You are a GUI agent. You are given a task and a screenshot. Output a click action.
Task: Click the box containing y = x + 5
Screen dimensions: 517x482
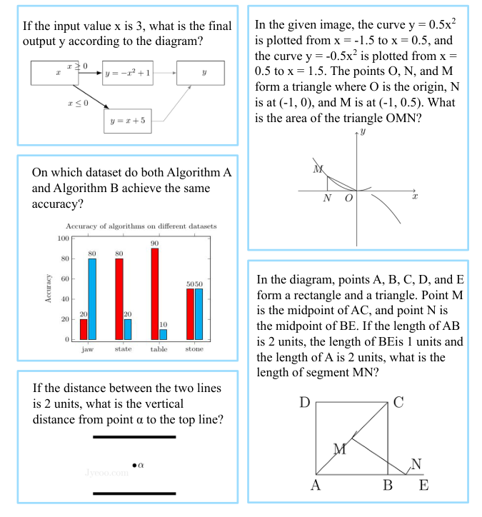pyautogui.click(x=128, y=121)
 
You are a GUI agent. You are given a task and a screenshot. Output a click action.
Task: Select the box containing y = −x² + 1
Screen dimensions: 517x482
pyautogui.click(x=129, y=73)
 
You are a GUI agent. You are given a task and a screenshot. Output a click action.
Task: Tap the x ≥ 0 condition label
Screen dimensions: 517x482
pyautogui.click(x=76, y=66)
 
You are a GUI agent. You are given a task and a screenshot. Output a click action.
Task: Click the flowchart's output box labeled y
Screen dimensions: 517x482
pyautogui.click(x=204, y=73)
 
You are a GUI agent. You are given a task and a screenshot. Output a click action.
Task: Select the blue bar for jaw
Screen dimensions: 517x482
pyautogui.click(x=92, y=298)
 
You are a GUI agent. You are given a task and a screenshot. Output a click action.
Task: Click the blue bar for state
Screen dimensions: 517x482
pyautogui.click(x=128, y=328)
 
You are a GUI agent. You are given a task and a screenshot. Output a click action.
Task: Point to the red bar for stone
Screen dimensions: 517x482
pyautogui.click(x=190, y=313)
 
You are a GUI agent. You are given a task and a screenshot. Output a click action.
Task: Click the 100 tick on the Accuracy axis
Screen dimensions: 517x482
pyautogui.click(x=63, y=238)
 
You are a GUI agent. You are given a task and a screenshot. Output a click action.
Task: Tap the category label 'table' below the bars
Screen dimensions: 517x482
pyautogui.click(x=159, y=349)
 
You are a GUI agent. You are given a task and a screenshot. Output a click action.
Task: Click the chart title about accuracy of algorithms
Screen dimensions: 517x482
pyautogui.click(x=141, y=226)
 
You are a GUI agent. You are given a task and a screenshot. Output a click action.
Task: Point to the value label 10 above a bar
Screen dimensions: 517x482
pyautogui.click(x=164, y=325)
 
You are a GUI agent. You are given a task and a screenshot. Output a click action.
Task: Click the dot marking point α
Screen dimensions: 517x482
pyautogui.click(x=134, y=466)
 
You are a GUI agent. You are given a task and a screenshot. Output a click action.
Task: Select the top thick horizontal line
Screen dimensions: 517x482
pyautogui.click(x=134, y=436)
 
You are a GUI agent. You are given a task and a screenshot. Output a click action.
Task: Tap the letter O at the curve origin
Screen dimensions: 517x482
pyautogui.click(x=348, y=199)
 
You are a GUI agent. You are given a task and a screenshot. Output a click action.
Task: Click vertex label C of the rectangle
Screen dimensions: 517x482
pyautogui.click(x=398, y=403)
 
